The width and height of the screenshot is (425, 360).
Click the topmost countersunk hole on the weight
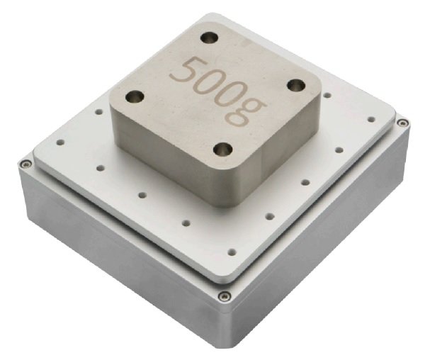(209, 38)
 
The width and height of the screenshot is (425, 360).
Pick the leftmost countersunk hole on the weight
(135, 96)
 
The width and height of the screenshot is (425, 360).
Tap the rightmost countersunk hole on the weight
(296, 86)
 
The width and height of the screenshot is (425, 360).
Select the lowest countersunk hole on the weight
(223, 150)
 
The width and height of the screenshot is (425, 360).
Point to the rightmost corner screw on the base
(402, 123)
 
